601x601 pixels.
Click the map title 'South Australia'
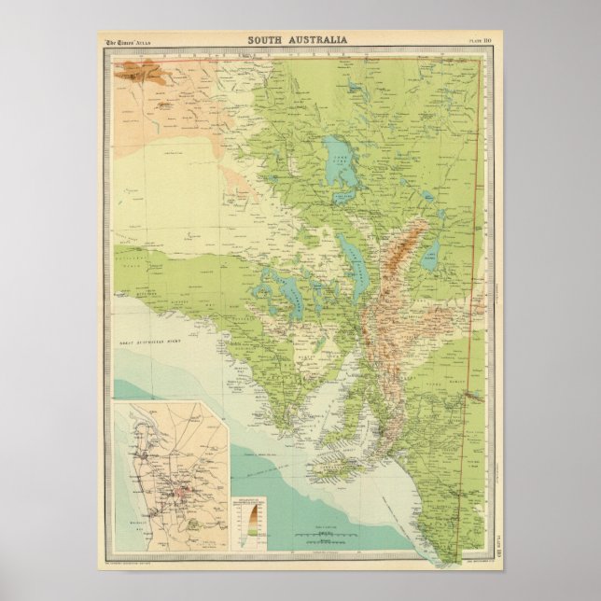298,40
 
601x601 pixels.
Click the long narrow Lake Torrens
356,262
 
